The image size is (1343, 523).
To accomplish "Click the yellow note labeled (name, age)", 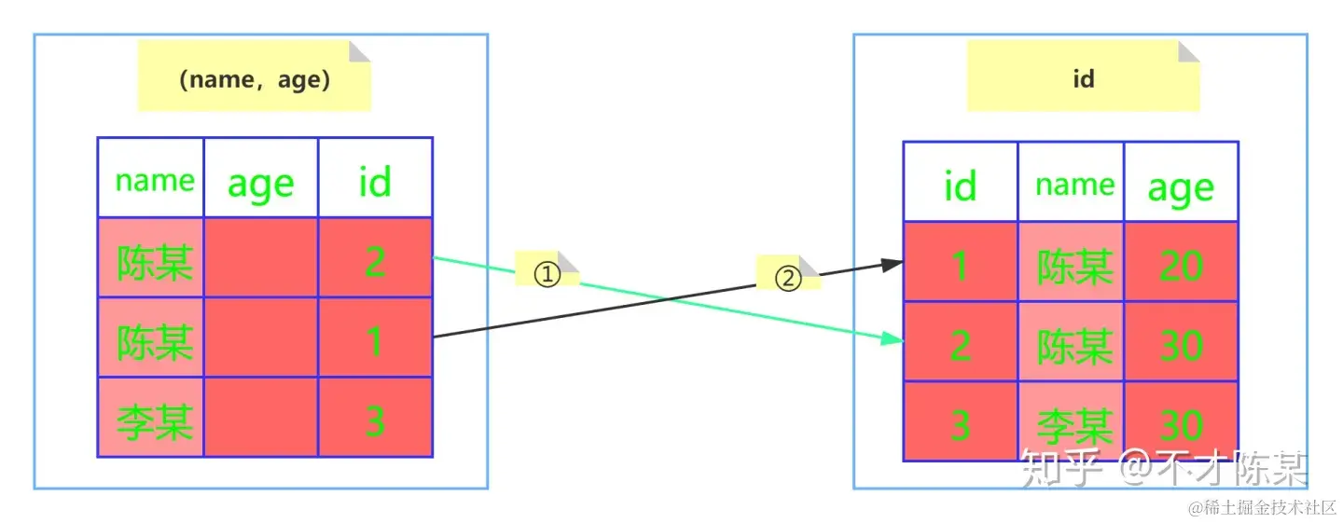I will (255, 79).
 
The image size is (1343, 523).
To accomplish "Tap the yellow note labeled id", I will (1083, 79).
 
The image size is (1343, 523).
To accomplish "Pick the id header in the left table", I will (375, 181).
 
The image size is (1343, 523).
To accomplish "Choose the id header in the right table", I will (960, 185).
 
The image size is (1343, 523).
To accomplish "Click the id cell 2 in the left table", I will (375, 260).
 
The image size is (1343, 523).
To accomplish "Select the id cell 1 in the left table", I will (375, 340).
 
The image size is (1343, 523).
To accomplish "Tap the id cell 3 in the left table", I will (375, 420).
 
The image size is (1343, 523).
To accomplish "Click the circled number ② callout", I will (789, 276).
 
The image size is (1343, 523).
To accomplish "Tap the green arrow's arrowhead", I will (896, 341).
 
